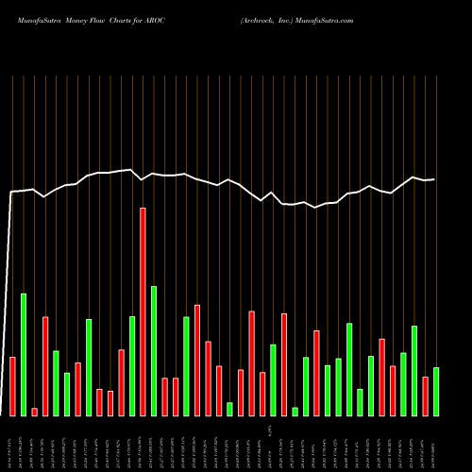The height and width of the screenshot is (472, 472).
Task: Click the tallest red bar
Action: click(143, 312)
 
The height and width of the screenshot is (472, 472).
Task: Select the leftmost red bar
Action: click(12, 386)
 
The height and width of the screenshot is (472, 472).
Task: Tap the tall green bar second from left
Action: click(24, 354)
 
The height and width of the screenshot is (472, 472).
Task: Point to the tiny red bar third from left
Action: click(34, 412)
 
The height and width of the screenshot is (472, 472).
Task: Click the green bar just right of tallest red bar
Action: click(154, 350)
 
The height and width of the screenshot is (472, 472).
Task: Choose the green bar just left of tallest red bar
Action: click(132, 365)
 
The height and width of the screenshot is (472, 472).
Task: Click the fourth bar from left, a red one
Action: click(45, 365)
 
